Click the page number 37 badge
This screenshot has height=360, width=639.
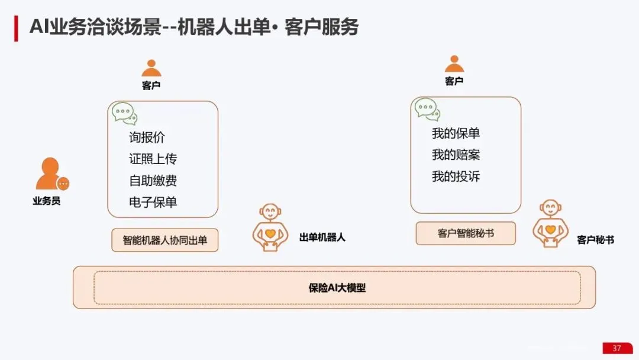pyautogui.click(x=617, y=348)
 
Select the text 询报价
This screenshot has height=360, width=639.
pyautogui.click(x=147, y=137)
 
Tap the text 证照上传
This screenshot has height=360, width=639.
pyautogui.click(x=153, y=159)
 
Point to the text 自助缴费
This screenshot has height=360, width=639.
pyautogui.click(x=153, y=180)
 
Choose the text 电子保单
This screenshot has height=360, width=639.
pyautogui.click(x=153, y=202)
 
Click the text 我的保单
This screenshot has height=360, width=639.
pyautogui.click(x=456, y=133)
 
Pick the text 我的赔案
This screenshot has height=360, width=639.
pyautogui.click(x=456, y=155)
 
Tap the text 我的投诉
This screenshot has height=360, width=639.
pyautogui.click(x=456, y=176)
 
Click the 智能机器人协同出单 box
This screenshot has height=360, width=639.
pyautogui.click(x=164, y=240)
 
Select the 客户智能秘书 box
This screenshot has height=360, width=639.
pyautogui.click(x=466, y=233)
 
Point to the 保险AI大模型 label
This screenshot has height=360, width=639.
pyautogui.click(x=337, y=288)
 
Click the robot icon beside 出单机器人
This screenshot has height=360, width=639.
pyautogui.click(x=270, y=227)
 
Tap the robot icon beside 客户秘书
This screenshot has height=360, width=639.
pyautogui.click(x=550, y=223)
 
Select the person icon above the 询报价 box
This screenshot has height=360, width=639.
pyautogui.click(x=151, y=68)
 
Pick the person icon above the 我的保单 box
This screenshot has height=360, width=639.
pyautogui.click(x=454, y=63)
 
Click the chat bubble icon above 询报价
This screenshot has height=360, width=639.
pyautogui.click(x=124, y=113)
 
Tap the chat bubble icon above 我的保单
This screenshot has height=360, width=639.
pyautogui.click(x=427, y=110)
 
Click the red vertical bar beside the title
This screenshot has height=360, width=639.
pyautogui.click(x=17, y=28)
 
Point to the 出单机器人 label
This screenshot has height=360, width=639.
pyautogui.click(x=322, y=237)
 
